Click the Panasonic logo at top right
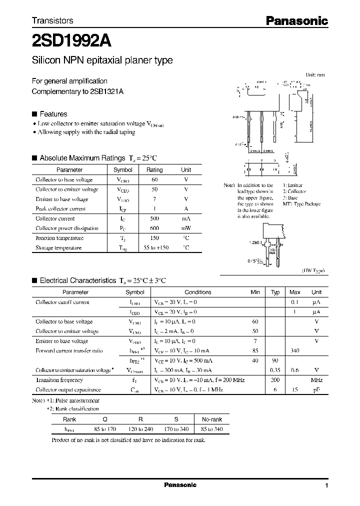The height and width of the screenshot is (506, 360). coord(296,21)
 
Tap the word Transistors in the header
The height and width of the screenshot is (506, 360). coord(52,21)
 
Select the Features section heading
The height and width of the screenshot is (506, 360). coord(53,114)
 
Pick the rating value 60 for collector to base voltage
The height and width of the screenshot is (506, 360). coord(154,179)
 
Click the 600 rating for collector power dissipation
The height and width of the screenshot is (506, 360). coord(154,228)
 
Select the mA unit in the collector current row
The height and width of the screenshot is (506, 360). coord(185,218)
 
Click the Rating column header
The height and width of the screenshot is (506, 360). coord(154,170)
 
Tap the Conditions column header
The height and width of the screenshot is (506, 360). coord(198,292)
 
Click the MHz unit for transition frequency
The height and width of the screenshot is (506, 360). coord(316,380)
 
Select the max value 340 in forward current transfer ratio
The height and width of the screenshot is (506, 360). coord(294,351)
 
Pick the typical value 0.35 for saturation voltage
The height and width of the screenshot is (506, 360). coord(274,370)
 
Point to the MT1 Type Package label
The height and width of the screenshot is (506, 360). coord(301,204)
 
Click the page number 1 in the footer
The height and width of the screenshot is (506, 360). coord(326,485)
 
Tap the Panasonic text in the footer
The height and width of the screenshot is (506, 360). coord(180,485)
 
